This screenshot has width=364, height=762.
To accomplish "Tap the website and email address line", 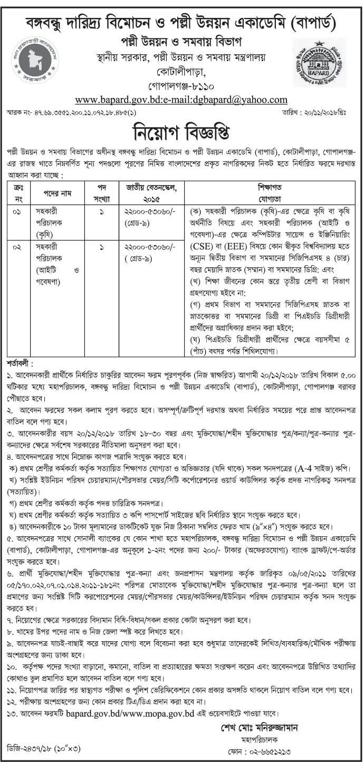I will tap(181, 100).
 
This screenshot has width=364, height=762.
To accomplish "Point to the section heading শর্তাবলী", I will tap(20, 364).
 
